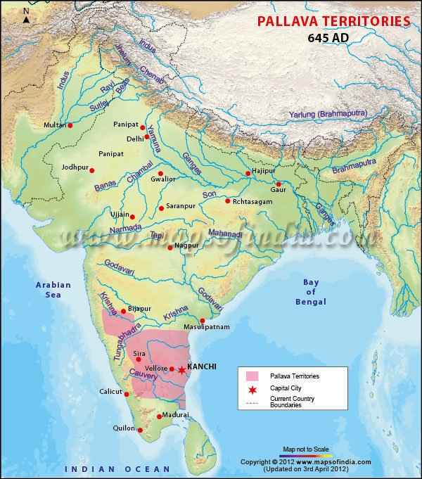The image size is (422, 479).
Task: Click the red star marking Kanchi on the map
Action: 181,370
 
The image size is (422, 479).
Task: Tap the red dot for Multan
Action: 70,125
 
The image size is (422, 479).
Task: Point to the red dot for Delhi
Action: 147,136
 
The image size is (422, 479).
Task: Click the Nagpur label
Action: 186,247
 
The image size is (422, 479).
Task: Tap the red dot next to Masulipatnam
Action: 203,320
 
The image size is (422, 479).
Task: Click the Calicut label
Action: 110,392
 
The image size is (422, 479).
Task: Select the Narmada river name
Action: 127,230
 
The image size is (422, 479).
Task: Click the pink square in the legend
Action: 252,376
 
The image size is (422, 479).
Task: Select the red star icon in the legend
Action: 252,388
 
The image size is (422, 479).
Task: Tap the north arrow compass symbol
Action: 26,15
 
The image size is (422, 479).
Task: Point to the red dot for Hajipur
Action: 248,173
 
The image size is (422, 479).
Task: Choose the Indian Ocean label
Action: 117,468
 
